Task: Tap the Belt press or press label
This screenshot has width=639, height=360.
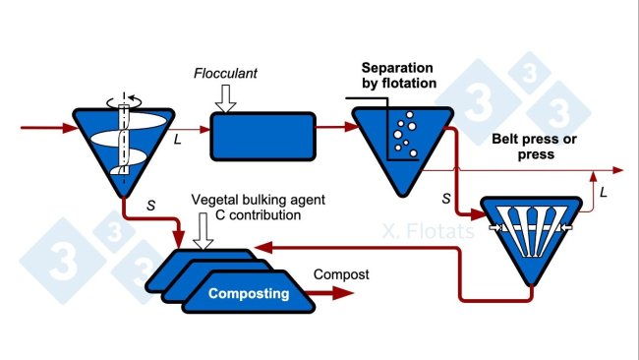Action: tap(534, 147)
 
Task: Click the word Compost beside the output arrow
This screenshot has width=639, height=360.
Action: tap(341, 274)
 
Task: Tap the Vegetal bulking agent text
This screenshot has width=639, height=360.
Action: tap(259, 200)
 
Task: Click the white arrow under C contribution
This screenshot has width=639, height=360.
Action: tap(204, 234)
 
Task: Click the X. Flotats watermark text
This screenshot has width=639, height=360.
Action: tap(428, 233)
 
